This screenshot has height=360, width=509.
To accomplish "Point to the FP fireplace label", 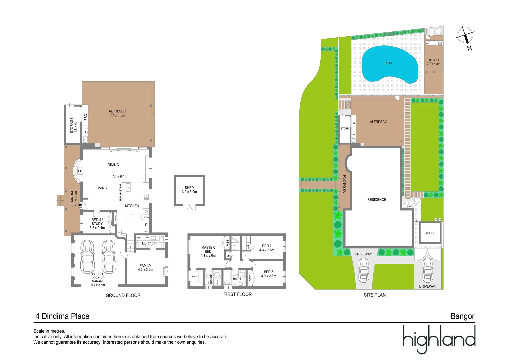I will coord(80,171).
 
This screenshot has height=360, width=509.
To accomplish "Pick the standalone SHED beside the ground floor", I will coord(189,190).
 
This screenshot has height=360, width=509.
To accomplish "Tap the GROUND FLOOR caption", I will coord(123,295).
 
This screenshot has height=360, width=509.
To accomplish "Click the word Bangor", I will coord(462,316).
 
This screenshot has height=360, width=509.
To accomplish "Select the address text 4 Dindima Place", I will coord(62,316).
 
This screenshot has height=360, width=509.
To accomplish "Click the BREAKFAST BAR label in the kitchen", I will coord(120,192).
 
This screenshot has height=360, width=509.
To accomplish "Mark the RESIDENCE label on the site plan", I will coord(377,200).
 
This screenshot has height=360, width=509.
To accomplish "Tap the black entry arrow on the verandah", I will coord(80,205).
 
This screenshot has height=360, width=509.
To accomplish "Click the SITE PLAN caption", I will coord(375,295).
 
